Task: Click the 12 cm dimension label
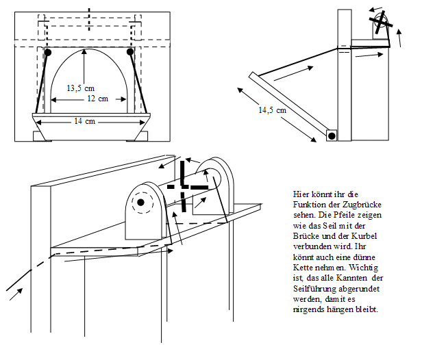coord(97,99)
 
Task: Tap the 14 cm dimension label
coord(85,121)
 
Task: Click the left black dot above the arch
coord(47,52)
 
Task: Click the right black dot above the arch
coord(130,52)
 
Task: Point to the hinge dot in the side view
coord(332,136)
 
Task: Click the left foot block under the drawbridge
coord(42,136)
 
